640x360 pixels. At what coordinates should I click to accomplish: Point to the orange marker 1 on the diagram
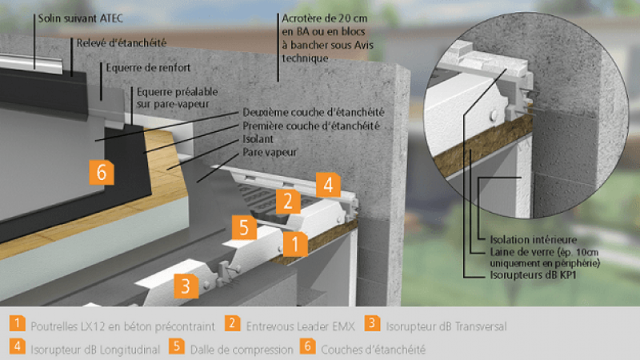coord(295,242)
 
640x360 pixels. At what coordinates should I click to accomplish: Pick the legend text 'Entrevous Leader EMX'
coord(296,326)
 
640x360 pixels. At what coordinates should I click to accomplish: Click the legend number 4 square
coord(16,348)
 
